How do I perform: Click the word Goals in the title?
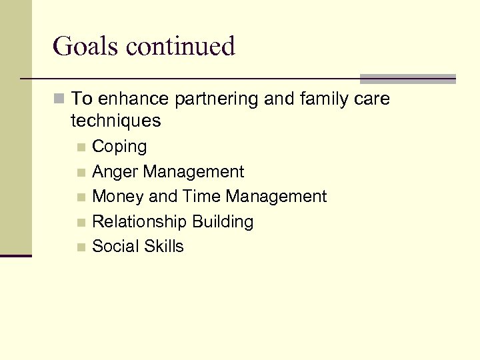pyautogui.click(x=85, y=47)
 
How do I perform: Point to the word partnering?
pyautogui.click(x=217, y=99)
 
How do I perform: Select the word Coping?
pyautogui.click(x=119, y=147)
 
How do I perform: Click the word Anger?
pyautogui.click(x=115, y=172)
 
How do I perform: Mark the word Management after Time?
pyautogui.click(x=276, y=197)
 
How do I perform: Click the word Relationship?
pyautogui.click(x=139, y=221)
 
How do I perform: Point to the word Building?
pyautogui.click(x=223, y=221)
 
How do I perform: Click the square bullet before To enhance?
pyautogui.click(x=59, y=100)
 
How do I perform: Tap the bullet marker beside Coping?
pyautogui.click(x=81, y=147)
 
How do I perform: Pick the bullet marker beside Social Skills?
pyautogui.click(x=81, y=247)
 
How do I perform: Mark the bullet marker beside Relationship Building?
pyautogui.click(x=81, y=222)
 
